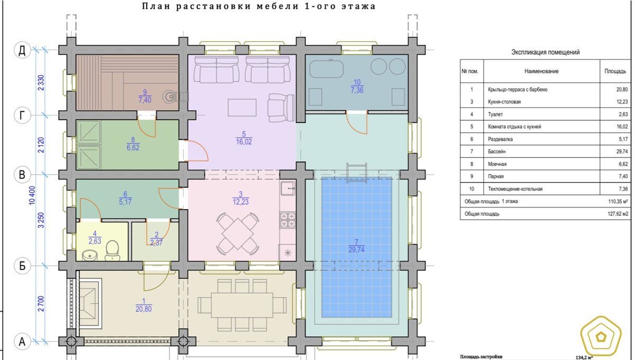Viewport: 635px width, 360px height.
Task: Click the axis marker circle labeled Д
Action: (22, 50)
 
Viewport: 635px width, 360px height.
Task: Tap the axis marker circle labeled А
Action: (22, 341)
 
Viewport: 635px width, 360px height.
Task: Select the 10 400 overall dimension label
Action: (32, 195)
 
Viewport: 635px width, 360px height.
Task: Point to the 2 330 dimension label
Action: (41, 83)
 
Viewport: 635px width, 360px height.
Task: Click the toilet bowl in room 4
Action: (112, 250)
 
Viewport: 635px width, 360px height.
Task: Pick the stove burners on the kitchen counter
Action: (288, 220)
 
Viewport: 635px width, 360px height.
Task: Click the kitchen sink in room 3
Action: (288, 188)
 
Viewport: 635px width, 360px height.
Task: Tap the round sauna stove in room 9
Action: (170, 97)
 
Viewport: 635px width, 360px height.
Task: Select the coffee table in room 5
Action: (242, 107)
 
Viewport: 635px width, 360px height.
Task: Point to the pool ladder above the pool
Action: (357, 173)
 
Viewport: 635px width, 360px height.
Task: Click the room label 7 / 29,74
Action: (356, 246)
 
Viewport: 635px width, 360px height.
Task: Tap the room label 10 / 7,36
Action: (357, 86)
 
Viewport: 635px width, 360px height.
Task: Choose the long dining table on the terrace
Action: (242, 305)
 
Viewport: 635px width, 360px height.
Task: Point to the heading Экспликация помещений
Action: (546, 52)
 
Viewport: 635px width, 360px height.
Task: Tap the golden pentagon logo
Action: (601, 338)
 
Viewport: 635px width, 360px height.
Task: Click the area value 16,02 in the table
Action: (622, 127)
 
